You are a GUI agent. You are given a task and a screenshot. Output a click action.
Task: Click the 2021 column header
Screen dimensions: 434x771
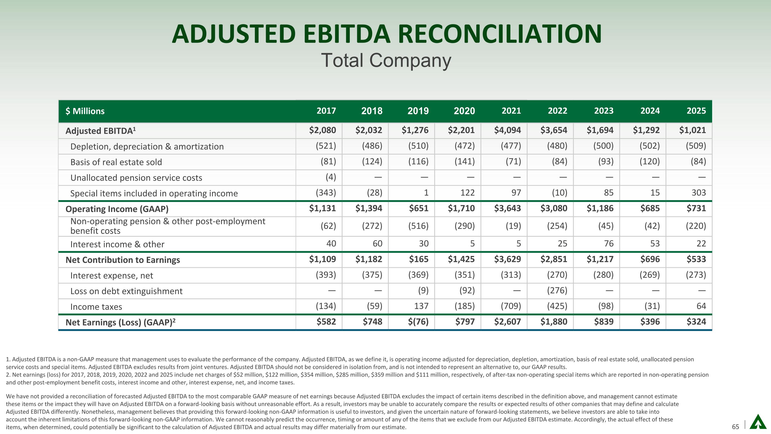pos(511,111)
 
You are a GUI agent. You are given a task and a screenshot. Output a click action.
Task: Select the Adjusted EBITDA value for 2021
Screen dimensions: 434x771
pos(507,130)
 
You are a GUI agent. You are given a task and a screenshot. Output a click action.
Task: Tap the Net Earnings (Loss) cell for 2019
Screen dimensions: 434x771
pos(418,322)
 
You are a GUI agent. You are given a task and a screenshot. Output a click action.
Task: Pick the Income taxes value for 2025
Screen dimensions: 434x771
pos(701,306)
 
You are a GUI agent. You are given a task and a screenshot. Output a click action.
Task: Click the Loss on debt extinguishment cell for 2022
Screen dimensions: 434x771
pos(557,290)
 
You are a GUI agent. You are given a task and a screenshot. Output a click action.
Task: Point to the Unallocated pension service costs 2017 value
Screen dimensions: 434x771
pos(331,177)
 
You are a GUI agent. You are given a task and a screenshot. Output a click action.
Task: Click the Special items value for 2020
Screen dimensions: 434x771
pos(467,193)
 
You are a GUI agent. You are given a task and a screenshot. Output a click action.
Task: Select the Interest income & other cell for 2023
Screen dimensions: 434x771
pos(609,244)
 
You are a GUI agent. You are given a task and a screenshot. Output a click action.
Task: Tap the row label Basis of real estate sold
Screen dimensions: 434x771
pos(116,162)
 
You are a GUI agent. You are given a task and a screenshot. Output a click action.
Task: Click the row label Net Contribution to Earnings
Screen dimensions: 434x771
pos(123,260)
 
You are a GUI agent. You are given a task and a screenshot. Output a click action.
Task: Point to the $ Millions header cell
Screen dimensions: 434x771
pos(85,111)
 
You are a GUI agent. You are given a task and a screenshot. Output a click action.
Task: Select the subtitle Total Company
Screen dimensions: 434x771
pos(386,60)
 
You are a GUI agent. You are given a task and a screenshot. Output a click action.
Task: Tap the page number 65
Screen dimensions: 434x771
pos(735,427)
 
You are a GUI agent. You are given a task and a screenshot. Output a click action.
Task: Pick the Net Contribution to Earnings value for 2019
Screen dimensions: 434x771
pos(419,259)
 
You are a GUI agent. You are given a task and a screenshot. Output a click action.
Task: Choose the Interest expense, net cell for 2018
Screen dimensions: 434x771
pos(372,275)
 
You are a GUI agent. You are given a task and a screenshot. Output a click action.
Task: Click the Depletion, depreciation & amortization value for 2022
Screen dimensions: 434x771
pos(557,146)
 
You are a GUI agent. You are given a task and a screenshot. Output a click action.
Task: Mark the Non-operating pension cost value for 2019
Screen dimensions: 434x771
pos(418,226)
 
